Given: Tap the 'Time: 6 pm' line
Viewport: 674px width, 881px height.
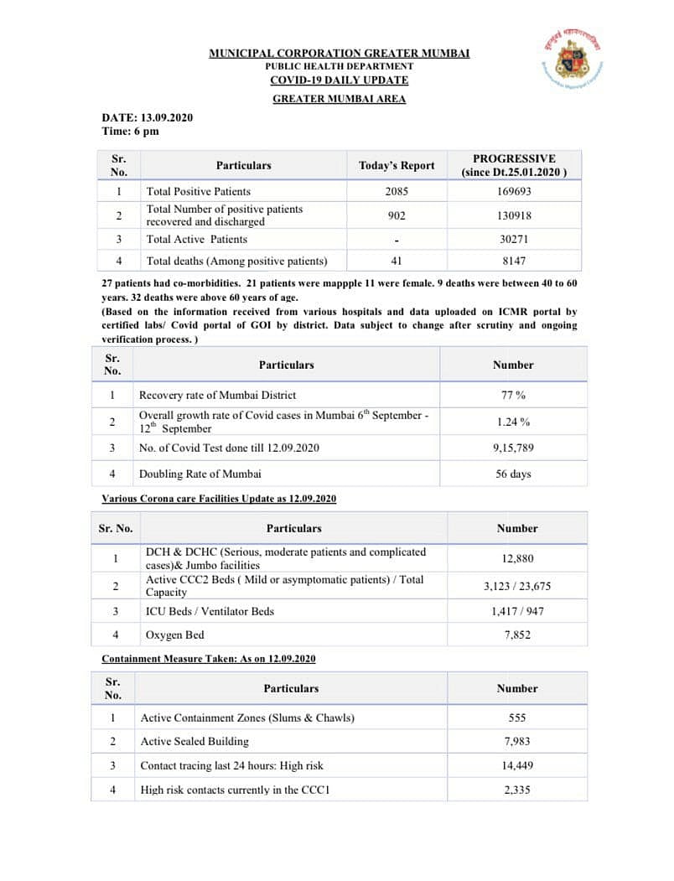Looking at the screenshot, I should pyautogui.click(x=130, y=131).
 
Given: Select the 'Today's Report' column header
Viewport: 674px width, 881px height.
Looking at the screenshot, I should pyautogui.click(x=397, y=165).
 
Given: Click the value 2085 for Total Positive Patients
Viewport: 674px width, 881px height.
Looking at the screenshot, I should pyautogui.click(x=397, y=191).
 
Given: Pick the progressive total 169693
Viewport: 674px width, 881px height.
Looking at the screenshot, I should pyautogui.click(x=513, y=191).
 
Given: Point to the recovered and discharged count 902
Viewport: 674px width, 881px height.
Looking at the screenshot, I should pyautogui.click(x=397, y=215).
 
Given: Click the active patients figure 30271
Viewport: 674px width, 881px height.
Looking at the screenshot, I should pyautogui.click(x=513, y=239).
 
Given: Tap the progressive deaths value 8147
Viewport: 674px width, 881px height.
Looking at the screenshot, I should pyautogui.click(x=513, y=261).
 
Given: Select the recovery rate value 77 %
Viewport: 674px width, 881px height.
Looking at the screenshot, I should pyautogui.click(x=513, y=395).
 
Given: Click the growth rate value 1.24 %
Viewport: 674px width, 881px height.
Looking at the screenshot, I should pyautogui.click(x=513, y=422).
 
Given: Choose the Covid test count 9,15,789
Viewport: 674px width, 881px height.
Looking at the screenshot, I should pyautogui.click(x=513, y=448).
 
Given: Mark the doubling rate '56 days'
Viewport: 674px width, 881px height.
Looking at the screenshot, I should pyautogui.click(x=513, y=474).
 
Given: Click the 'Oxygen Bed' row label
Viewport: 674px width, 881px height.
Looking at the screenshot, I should pyautogui.click(x=174, y=635).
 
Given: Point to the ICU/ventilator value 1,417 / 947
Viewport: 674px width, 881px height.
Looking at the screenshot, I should pyautogui.click(x=516, y=611).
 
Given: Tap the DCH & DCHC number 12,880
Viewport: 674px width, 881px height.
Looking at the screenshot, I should pyautogui.click(x=516, y=558).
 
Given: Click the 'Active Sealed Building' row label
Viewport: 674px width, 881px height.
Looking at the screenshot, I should pyautogui.click(x=194, y=741).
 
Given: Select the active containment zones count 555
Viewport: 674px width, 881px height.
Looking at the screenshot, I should pyautogui.click(x=516, y=718).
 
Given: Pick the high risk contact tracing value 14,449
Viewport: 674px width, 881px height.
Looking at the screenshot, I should pyautogui.click(x=516, y=765).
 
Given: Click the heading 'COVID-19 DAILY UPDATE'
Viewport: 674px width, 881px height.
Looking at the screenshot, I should pyautogui.click(x=339, y=80).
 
